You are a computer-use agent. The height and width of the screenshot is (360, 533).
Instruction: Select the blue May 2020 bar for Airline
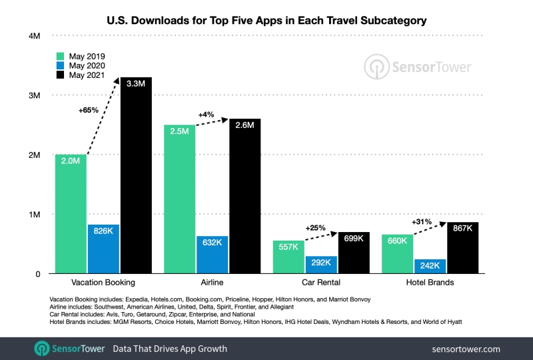coord(213,255)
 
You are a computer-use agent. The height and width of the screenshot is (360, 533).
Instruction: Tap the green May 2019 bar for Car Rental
coord(289,257)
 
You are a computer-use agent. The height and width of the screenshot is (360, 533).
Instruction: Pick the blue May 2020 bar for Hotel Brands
coord(430,266)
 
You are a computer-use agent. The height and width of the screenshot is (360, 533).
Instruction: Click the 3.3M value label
coord(136,83)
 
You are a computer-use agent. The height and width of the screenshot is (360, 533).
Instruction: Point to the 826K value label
coord(104,230)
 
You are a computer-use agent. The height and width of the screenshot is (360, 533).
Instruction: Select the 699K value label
coord(353,237)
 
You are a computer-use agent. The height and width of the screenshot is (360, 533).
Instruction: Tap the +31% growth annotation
coord(423,222)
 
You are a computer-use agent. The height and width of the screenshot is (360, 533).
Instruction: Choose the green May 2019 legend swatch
coord(60,56)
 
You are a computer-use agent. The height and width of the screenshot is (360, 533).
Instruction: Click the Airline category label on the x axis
coord(212,283)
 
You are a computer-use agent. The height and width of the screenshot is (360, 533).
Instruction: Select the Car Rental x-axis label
coord(321,283)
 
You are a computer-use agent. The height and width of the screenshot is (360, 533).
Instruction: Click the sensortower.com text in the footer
coord(467,348)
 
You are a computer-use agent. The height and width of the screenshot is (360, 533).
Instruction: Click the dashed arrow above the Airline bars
coord(212,121)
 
